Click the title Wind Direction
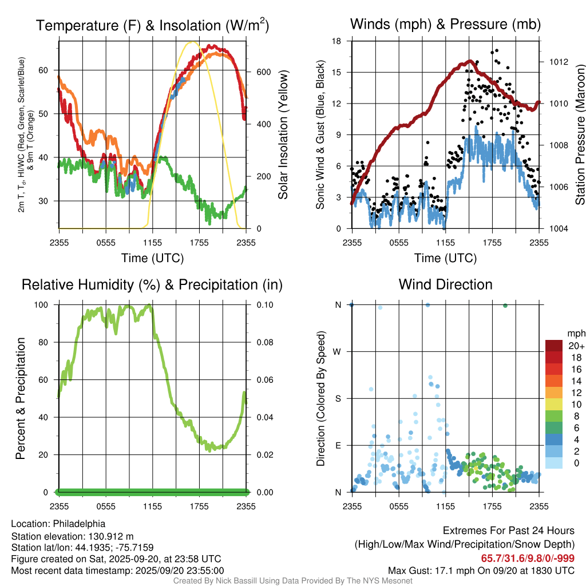pyautogui.click(x=445, y=284)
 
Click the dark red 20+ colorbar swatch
pyautogui.click(x=555, y=346)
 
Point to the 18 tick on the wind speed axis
pyautogui.click(x=337, y=41)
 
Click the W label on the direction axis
pyautogui.click(x=338, y=351)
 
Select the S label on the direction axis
pyautogui.click(x=338, y=398)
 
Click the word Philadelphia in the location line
pyautogui.click(x=79, y=524)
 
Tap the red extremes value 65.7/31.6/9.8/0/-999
pyautogui.click(x=528, y=559)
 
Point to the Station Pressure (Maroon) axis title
pyautogui.click(x=580, y=135)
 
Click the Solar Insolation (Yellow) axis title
pyautogui.click(x=283, y=135)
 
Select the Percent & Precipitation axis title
pyautogui.click(x=21, y=398)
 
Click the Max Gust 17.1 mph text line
pyautogui.click(x=481, y=571)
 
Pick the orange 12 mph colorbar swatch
pyautogui.click(x=555, y=393)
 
